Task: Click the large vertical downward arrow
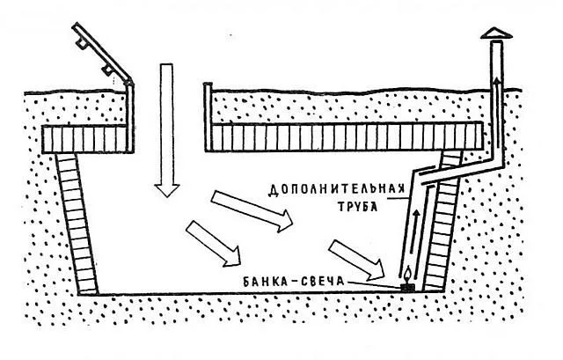coord(166,129)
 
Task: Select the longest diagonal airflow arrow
coord(252,210)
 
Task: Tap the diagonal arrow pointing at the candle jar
coord(357,260)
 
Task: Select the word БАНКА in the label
coord(263,282)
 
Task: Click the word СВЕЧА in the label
coord(324,282)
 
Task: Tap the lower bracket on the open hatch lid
coord(107,70)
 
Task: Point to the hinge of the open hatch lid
coord(128,84)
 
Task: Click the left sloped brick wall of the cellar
coord(77,224)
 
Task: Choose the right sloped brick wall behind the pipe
coord(442,220)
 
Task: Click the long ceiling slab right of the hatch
coord(344,136)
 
